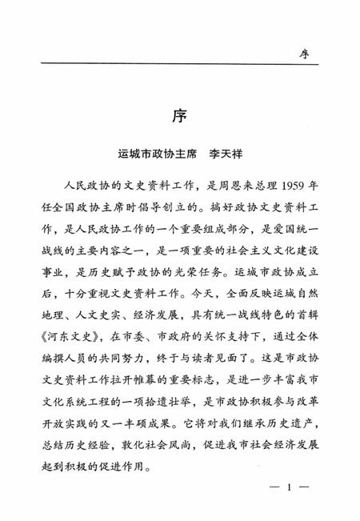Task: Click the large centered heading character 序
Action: pos(178,115)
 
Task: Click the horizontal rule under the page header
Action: pos(180,64)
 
